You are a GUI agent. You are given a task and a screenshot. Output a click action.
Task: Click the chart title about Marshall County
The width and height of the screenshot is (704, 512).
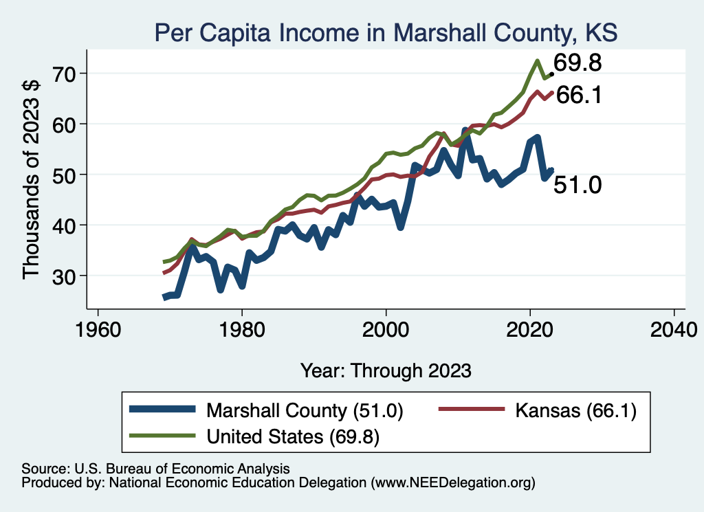tap(386, 32)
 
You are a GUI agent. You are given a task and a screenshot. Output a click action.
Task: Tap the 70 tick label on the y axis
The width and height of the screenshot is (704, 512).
tap(66, 73)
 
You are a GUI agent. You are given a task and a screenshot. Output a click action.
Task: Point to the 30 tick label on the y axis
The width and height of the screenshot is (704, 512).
tap(66, 276)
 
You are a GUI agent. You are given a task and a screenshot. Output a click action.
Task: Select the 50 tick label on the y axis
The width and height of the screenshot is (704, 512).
tap(66, 175)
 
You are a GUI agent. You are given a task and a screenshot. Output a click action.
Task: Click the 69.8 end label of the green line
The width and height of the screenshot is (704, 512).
tap(577, 63)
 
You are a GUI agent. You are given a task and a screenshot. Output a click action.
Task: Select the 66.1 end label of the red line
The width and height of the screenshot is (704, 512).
tap(579, 96)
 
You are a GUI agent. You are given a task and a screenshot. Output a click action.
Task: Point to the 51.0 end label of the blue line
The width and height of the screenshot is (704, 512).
tap(577, 185)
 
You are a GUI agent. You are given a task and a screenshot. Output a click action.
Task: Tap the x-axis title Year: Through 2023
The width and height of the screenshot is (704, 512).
tap(386, 370)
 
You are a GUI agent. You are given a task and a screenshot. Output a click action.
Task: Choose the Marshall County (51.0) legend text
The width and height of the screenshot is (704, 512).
tap(305, 411)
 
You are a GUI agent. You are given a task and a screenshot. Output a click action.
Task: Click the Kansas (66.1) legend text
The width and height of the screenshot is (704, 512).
tap(571, 411)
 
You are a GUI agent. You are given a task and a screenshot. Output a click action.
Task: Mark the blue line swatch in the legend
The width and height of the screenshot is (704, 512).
tap(163, 411)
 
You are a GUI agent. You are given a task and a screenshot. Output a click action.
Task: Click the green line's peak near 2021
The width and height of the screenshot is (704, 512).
tap(536, 61)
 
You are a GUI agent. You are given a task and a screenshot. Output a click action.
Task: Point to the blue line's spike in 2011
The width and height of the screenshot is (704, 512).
tap(465, 131)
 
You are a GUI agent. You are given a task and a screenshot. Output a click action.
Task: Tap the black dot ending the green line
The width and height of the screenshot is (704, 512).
tap(551, 74)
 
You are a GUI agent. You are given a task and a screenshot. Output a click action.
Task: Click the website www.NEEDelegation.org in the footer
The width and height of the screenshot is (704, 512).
tap(452, 483)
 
